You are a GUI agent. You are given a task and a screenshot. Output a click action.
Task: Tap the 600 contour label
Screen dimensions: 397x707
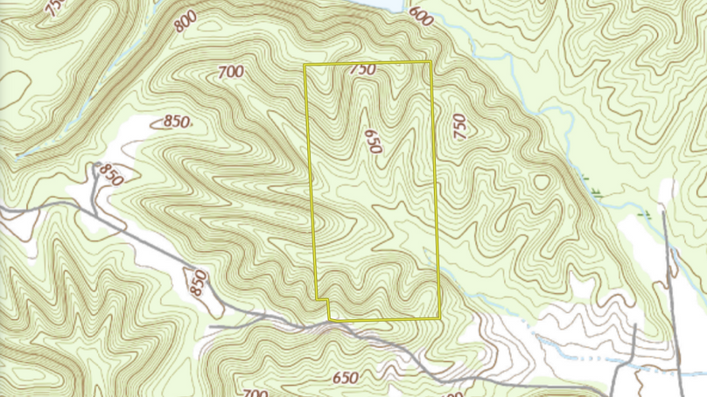(420, 17)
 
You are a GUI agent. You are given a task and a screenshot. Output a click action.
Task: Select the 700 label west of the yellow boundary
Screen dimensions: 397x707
(228, 73)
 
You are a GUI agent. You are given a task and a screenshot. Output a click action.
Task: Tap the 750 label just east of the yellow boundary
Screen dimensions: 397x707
(459, 128)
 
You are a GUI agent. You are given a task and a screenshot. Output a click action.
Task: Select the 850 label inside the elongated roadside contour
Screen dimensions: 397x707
(199, 282)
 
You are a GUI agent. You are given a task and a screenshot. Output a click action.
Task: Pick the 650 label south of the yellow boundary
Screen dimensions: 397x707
(346, 378)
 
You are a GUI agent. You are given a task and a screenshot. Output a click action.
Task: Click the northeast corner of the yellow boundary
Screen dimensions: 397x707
(430, 62)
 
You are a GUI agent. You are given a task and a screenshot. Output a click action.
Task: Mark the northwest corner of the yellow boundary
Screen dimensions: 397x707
(304, 66)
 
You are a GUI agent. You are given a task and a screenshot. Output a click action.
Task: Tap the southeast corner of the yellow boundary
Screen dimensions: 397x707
(439, 318)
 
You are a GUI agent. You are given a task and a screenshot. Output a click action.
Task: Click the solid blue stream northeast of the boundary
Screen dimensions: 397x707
(560, 131)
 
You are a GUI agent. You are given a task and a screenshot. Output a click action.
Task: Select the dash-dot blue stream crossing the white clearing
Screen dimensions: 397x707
(604, 359)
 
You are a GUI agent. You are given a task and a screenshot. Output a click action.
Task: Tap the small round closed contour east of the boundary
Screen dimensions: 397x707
(542, 182)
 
